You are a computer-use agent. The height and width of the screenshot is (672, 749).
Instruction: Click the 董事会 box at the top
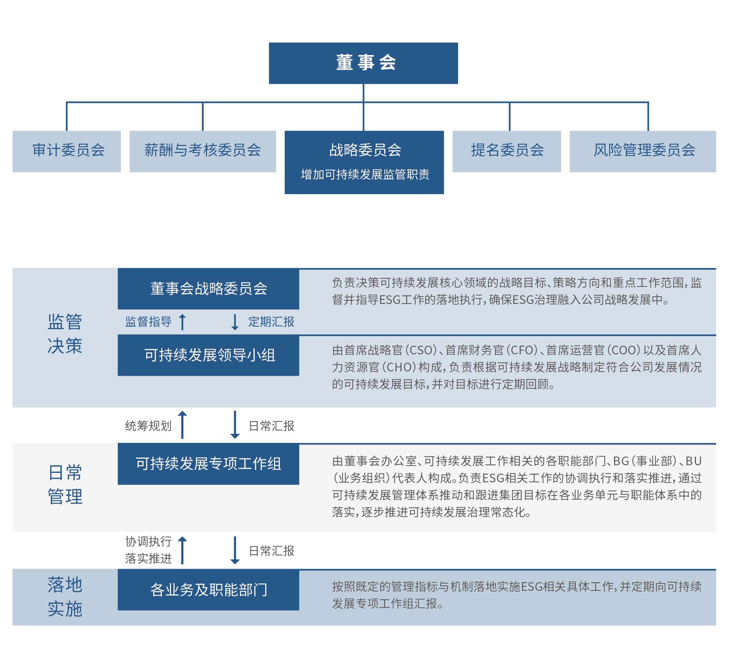[363, 63]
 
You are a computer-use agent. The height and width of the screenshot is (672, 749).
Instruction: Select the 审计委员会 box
[66, 151]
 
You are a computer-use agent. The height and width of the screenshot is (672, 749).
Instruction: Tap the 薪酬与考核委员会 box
[203, 151]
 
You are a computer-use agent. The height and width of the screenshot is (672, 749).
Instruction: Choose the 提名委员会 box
[507, 151]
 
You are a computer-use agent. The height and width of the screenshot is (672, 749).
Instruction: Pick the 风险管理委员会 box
[643, 151]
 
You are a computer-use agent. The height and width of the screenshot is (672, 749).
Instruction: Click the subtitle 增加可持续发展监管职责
[365, 174]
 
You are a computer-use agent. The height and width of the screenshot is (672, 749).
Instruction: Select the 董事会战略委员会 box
[209, 289]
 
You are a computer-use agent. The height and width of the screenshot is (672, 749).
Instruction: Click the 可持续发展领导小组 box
[209, 355]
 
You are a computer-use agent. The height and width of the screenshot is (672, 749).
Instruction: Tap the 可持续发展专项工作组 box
[209, 464]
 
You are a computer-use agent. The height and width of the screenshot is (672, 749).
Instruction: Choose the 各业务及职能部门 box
[209, 590]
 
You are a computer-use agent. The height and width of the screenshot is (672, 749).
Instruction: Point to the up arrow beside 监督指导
[182, 322]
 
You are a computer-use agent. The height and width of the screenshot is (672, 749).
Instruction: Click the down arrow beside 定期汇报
[235, 322]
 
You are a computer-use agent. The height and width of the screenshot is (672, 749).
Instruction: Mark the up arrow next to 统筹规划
[182, 425]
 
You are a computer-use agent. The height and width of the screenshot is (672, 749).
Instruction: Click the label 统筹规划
[148, 426]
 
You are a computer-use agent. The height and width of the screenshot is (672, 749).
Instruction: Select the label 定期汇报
[271, 322]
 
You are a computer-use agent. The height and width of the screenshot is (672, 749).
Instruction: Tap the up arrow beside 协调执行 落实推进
[182, 550]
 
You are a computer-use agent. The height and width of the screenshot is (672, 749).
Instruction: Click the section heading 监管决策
[65, 334]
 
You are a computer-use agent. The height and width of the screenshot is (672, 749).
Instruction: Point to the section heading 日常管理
[65, 484]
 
